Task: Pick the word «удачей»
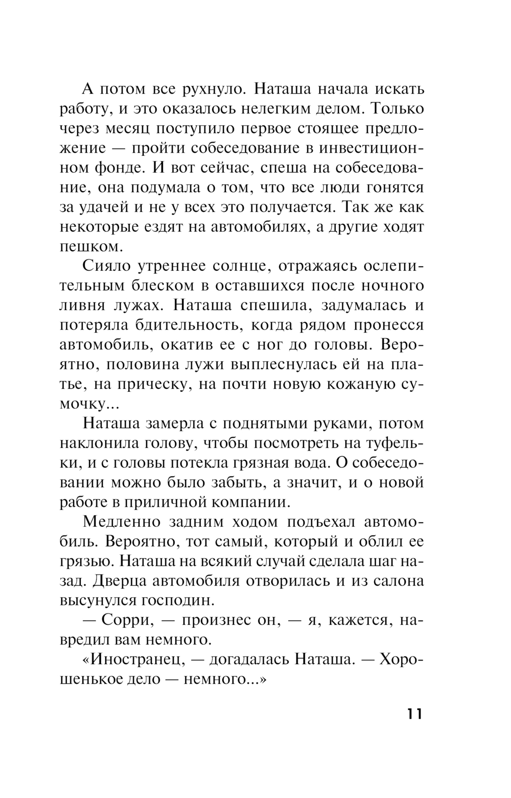click(108, 207)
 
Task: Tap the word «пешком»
click(90, 247)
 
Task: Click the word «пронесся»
click(389, 325)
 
